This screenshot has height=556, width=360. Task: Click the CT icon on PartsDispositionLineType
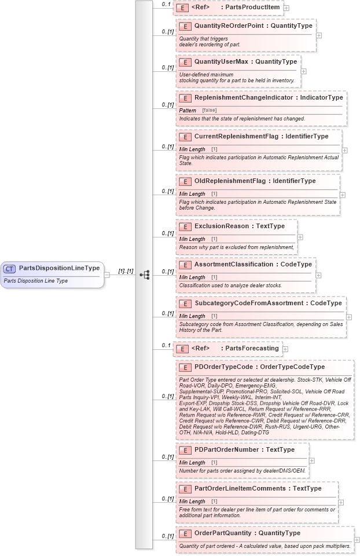pos(10,269)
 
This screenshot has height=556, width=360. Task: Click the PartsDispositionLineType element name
pos(59,268)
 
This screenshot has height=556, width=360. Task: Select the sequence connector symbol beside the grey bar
pos(145,275)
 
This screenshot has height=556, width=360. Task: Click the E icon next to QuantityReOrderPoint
pos(185,26)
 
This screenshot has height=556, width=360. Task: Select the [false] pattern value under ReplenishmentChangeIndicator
pos(210,110)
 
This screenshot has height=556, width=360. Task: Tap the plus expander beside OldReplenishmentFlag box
pos(342,195)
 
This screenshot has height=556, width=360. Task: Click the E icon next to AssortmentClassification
pos(185,265)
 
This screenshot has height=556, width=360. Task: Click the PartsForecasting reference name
pos(251,349)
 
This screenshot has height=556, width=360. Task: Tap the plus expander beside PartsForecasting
pos(285,349)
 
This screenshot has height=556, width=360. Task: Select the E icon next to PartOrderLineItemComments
pos(185,489)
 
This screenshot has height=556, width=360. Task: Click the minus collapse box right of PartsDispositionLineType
pos(107,275)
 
